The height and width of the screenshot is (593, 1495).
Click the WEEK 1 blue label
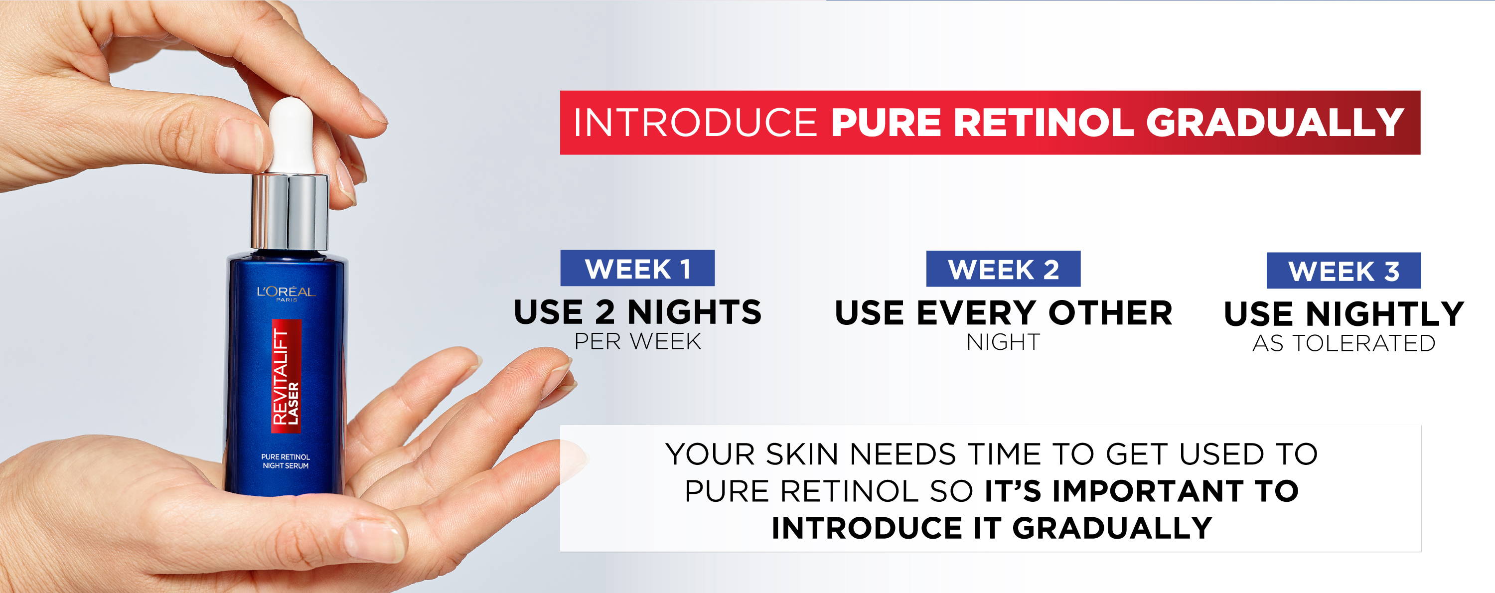tap(637, 268)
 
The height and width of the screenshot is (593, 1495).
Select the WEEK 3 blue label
tap(1344, 271)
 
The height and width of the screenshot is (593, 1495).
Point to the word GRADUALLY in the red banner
tap(1274, 123)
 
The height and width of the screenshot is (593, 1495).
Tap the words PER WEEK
tap(638, 342)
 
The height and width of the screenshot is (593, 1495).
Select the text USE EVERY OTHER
tap(1004, 313)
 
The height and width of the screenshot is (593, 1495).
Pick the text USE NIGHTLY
tap(1344, 314)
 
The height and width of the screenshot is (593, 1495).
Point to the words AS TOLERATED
tap(1344, 343)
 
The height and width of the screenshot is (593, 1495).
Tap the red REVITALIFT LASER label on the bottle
tap(286, 376)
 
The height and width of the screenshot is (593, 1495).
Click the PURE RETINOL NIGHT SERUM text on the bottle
tap(286, 461)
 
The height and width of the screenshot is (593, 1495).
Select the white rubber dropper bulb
tap(293, 136)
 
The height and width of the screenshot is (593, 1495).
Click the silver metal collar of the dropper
tap(290, 211)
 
